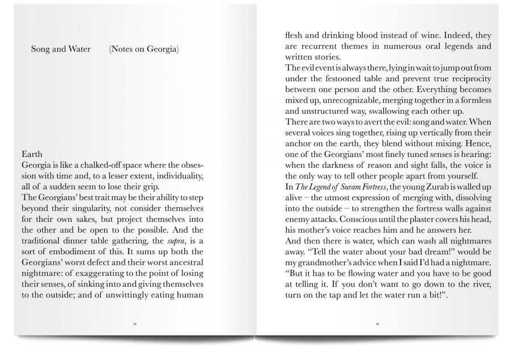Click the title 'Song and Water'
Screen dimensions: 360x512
[61, 49]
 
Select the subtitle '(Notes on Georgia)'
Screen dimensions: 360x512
[144, 49]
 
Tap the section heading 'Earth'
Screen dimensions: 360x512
[32, 154]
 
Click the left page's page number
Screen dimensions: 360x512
[135, 324]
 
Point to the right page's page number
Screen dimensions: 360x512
[377, 324]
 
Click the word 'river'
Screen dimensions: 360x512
[479, 284]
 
